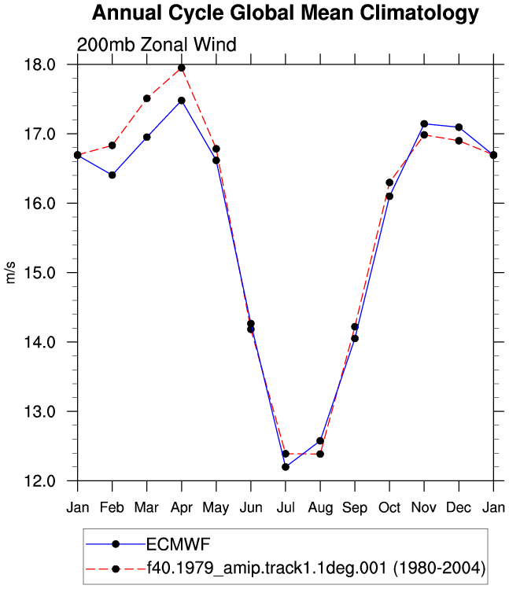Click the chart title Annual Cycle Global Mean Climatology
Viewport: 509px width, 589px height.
pyautogui.click(x=286, y=13)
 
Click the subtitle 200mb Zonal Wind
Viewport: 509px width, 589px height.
pyautogui.click(x=157, y=45)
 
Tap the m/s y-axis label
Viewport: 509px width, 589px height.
pyautogui.click(x=10, y=273)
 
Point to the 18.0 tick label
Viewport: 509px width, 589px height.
pyautogui.click(x=40, y=64)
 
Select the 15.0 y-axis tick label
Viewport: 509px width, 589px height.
pyautogui.click(x=40, y=273)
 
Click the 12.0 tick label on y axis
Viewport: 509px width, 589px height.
pyautogui.click(x=40, y=480)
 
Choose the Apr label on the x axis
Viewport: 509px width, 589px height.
pyautogui.click(x=182, y=508)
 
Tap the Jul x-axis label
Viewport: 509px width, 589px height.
pyautogui.click(x=286, y=507)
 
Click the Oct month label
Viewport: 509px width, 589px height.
pyautogui.click(x=389, y=507)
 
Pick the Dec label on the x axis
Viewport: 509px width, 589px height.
pyautogui.click(x=459, y=507)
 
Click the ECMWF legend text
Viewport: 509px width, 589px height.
pyautogui.click(x=178, y=544)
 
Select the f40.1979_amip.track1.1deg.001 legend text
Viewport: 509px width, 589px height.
pyautogui.click(x=267, y=568)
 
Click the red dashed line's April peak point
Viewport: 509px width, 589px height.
pyautogui.click(x=182, y=68)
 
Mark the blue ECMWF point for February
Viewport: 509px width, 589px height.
pyautogui.click(x=112, y=175)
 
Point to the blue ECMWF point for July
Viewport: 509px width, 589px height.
pyautogui.click(x=286, y=467)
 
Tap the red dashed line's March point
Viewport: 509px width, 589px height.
pyautogui.click(x=147, y=98)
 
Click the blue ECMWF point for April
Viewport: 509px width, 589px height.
pyautogui.click(x=182, y=101)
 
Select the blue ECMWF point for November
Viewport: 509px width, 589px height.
pyautogui.click(x=424, y=124)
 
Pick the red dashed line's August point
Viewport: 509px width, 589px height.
pyautogui.click(x=320, y=455)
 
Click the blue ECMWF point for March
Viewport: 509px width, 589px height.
pyautogui.click(x=147, y=137)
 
